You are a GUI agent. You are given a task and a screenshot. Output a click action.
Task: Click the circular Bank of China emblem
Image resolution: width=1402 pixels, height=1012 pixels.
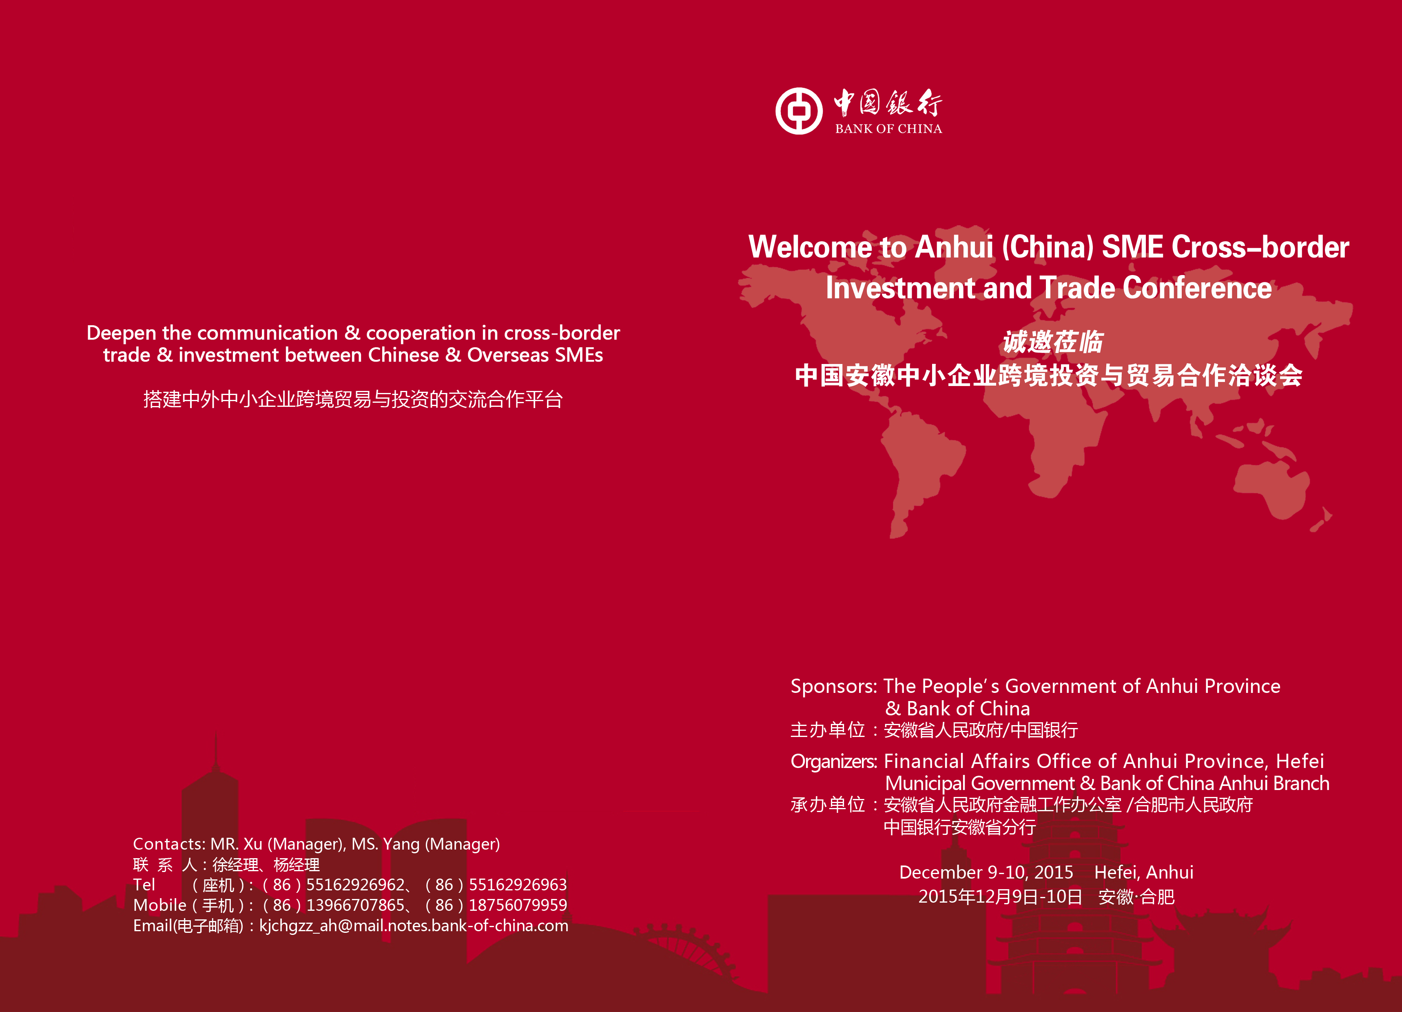click(799, 111)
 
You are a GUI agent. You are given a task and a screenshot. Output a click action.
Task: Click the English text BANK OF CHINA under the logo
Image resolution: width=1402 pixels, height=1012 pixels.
click(889, 129)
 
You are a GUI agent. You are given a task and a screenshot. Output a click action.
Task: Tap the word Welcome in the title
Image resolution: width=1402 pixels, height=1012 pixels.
click(810, 247)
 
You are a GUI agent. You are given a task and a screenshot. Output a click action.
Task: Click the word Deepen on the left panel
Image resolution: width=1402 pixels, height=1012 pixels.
click(121, 333)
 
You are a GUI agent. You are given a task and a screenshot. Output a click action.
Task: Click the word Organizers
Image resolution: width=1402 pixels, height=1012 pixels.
click(834, 761)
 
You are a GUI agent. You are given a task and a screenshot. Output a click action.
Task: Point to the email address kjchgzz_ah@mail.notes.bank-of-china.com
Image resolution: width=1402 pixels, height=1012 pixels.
click(414, 925)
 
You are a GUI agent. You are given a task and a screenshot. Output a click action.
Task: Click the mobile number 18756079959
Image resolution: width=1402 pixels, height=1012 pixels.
click(518, 905)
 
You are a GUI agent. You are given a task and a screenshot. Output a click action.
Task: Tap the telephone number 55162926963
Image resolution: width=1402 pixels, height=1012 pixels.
click(518, 885)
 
